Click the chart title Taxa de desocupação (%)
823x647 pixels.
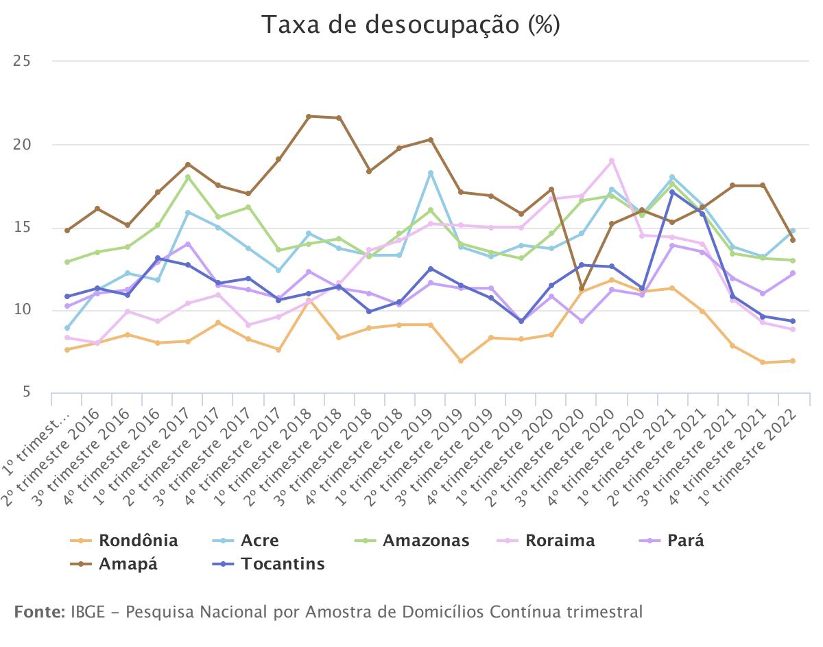coord(411,25)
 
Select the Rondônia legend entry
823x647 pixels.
coord(138,541)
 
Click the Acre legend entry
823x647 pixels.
coord(259,541)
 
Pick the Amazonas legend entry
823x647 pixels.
coord(425,541)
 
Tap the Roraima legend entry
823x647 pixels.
coord(560,541)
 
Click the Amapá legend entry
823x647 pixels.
coord(128,565)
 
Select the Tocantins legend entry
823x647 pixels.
coord(282,565)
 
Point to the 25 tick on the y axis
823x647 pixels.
coord(23,62)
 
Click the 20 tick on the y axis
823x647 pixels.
coord(23,145)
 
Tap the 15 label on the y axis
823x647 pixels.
coord(23,228)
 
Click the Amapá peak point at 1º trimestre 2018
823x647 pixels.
coord(309,117)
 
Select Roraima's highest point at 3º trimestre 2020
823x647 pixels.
coord(611,161)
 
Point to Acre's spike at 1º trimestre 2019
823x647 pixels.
coord(431,173)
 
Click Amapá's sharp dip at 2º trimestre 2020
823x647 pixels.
coord(582,288)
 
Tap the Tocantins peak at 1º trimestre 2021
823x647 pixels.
coord(672,192)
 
